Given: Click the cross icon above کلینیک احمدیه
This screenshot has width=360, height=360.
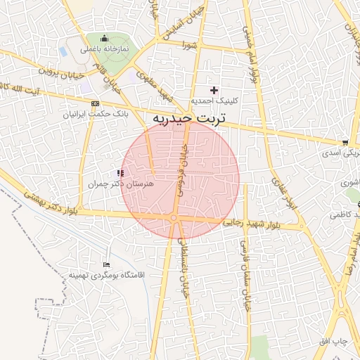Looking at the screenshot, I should click(x=214, y=90).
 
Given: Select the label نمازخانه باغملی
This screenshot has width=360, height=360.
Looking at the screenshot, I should click(x=104, y=49).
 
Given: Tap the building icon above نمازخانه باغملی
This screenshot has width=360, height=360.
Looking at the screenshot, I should click(x=105, y=38).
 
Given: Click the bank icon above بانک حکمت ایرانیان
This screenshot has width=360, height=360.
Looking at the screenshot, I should click(x=96, y=103).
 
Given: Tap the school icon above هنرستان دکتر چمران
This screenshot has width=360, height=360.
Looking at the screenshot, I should click(x=121, y=172).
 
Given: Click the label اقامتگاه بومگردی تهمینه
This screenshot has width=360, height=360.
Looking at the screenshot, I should click(x=106, y=275).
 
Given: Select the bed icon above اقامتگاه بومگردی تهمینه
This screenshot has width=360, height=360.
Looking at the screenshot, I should click(x=106, y=264).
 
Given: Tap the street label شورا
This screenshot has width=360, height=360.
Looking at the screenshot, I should click(x=190, y=45).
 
